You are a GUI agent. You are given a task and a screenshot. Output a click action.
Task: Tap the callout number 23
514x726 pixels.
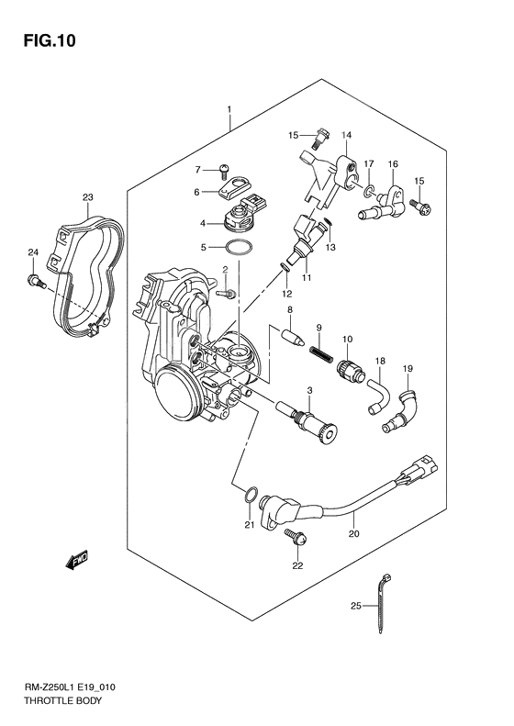(x=88, y=197)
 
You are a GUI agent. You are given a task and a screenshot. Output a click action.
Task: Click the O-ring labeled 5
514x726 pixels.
(x=237, y=248)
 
